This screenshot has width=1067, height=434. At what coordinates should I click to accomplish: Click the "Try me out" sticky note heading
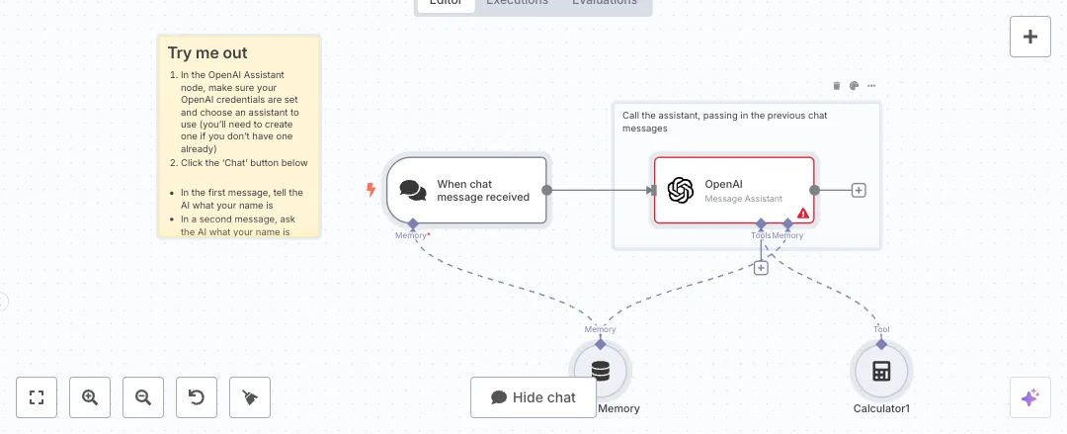point(207,53)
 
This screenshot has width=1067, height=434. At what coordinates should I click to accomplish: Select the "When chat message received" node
point(466,191)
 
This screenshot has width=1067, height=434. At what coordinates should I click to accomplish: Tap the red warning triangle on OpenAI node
point(803,213)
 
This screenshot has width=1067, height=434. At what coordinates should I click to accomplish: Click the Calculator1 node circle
point(881,372)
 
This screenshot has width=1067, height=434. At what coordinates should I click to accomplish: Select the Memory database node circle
point(600,372)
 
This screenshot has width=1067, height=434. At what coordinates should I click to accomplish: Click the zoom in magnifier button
point(90,397)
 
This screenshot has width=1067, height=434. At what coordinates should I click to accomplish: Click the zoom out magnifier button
point(143,397)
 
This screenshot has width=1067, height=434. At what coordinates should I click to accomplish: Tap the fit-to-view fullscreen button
point(37,397)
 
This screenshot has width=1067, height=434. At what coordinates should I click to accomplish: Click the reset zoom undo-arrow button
point(197,397)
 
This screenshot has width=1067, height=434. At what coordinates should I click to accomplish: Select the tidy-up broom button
point(250,397)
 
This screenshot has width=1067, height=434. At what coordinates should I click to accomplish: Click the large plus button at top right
point(1030,37)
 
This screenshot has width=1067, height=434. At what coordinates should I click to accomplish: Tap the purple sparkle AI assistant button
point(1029,397)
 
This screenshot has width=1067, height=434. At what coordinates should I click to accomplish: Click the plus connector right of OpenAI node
point(859,191)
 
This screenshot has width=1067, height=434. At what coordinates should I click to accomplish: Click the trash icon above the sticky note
point(837,86)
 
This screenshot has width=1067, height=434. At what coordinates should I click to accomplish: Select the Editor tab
point(446,3)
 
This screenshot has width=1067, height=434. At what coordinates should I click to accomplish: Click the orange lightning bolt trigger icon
point(371,190)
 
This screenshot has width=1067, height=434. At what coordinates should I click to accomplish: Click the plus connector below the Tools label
point(761,268)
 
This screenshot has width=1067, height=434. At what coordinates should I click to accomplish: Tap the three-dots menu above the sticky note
point(871,86)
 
